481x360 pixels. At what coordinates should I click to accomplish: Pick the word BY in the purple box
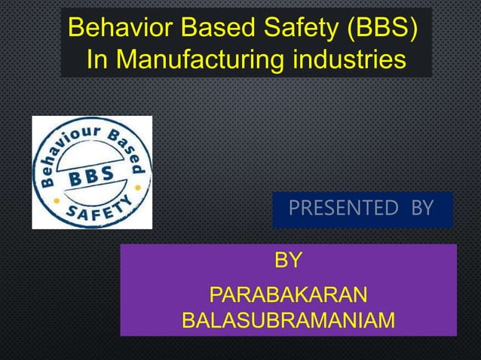[288, 261]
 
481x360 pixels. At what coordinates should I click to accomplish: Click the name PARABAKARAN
[288, 294]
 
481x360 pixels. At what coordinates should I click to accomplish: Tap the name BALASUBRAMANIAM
[288, 322]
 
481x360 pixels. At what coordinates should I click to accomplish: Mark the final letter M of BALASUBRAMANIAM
[385, 322]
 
